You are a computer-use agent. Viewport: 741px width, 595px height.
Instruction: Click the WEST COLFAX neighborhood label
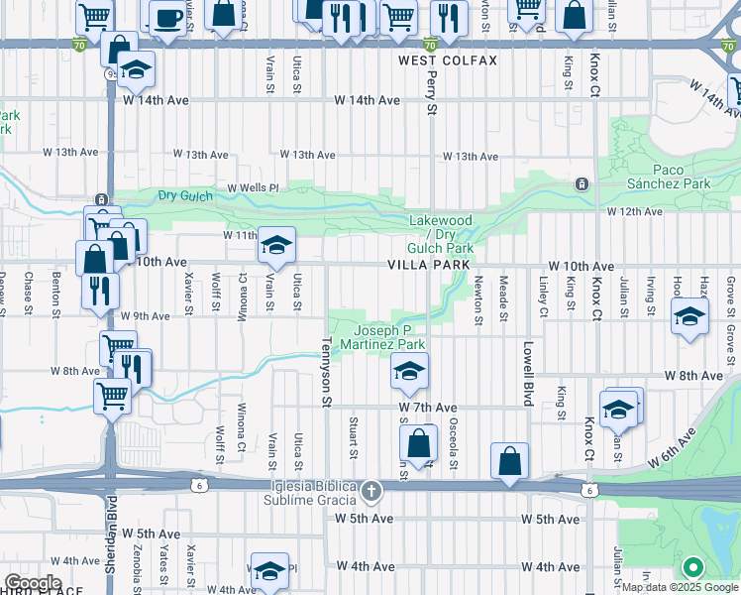click(x=448, y=60)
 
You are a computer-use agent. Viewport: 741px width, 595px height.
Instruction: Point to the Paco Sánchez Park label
click(x=668, y=177)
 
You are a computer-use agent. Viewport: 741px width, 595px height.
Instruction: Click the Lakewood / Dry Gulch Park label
click(x=442, y=234)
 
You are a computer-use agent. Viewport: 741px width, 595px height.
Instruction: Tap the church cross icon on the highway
click(x=371, y=491)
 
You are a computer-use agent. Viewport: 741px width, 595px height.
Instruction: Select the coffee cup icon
click(x=166, y=17)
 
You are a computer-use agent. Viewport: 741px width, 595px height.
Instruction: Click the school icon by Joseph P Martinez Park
click(x=407, y=372)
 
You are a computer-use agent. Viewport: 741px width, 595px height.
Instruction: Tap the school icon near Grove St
click(x=688, y=317)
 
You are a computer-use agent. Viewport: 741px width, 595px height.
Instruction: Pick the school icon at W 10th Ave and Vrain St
click(x=276, y=244)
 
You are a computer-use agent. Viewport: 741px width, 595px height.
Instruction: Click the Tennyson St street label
click(x=325, y=372)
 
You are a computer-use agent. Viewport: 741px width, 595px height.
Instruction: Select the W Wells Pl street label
click(x=254, y=187)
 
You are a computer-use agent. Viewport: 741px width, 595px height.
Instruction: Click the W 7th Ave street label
click(x=428, y=408)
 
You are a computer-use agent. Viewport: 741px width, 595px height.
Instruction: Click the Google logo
click(x=33, y=583)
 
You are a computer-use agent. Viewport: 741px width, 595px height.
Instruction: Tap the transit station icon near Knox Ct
click(x=582, y=183)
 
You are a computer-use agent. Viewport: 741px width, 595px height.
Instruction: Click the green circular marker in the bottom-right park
click(x=693, y=568)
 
